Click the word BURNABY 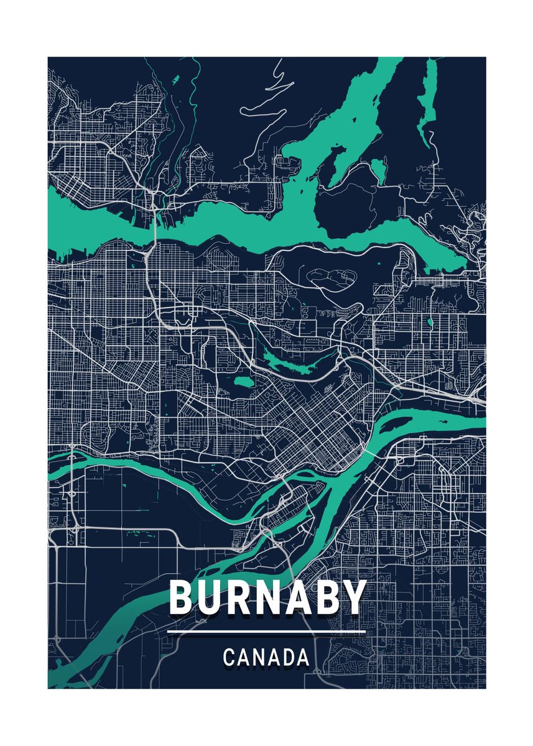click(267, 597)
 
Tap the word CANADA click(266, 657)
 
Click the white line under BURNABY click(266, 632)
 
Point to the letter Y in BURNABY click(352, 597)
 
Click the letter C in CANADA click(229, 657)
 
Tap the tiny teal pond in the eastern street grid click(429, 323)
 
